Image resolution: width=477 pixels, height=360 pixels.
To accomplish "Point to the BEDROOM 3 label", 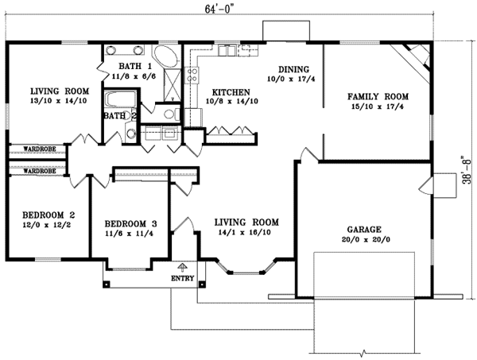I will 128,223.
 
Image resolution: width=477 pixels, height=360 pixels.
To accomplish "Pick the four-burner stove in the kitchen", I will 192,76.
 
